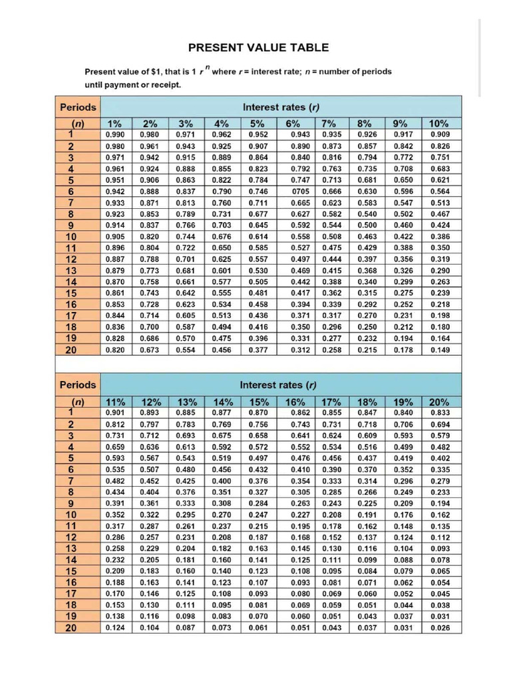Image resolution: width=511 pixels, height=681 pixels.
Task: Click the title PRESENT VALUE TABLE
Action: coord(258,47)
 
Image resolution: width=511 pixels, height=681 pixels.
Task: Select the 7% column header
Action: coord(329,123)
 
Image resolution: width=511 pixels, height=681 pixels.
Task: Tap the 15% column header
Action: coord(259,402)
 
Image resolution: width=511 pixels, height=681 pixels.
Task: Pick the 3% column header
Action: coord(186,123)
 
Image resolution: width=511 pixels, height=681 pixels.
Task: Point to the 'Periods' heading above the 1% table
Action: coord(78,107)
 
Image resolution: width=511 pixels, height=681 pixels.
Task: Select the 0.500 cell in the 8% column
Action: coord(367,225)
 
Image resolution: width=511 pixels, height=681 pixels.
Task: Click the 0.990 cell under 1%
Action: coord(114,134)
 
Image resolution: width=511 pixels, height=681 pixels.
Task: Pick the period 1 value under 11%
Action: coord(114,412)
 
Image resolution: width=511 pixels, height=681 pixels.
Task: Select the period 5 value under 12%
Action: coord(150,458)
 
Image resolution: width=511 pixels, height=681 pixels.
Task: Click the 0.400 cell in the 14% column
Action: coord(222,480)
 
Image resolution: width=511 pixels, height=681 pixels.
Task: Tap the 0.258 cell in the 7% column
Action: coord(331,350)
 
